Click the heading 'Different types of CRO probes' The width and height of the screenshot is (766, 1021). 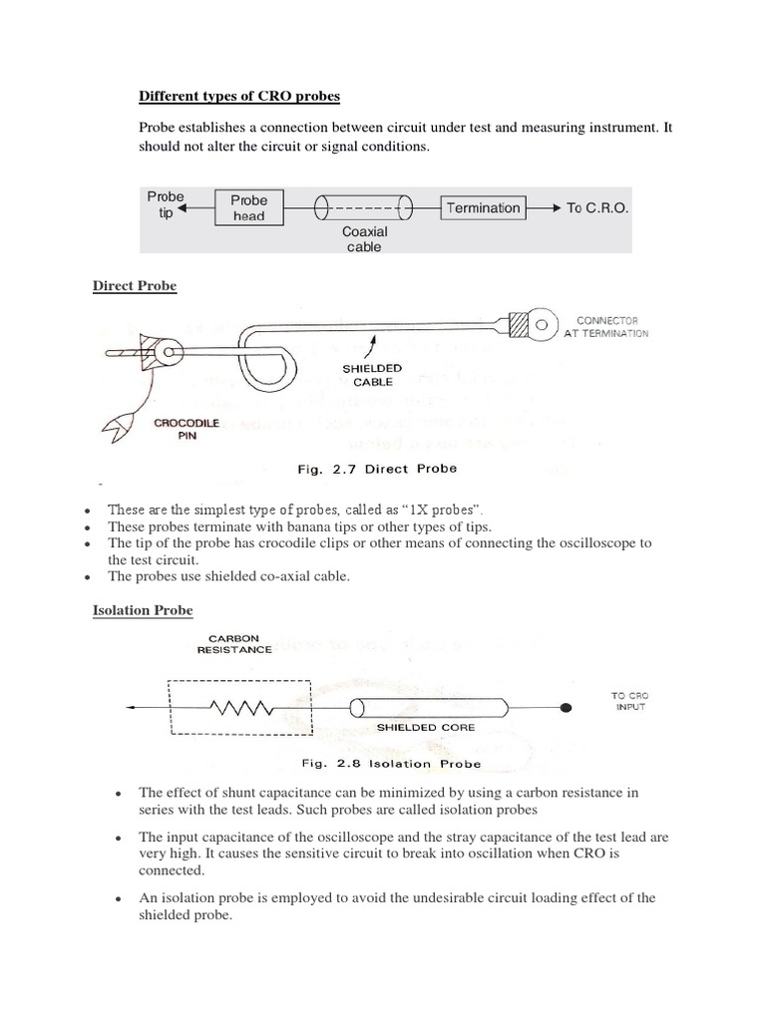coord(238,96)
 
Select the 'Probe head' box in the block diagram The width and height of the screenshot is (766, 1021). coord(249,207)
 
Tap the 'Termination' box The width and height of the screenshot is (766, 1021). coord(483,207)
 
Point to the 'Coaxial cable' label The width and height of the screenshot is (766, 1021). coord(363,239)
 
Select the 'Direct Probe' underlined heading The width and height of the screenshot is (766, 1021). coord(135,286)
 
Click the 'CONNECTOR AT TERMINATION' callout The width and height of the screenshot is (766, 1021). coord(605,327)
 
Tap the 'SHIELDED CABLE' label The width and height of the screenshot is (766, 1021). coord(374,375)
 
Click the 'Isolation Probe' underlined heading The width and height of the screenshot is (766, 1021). coord(143,609)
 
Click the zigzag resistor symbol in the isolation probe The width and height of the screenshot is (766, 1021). coord(241,707)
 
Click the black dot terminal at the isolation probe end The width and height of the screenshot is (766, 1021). coord(567,707)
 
